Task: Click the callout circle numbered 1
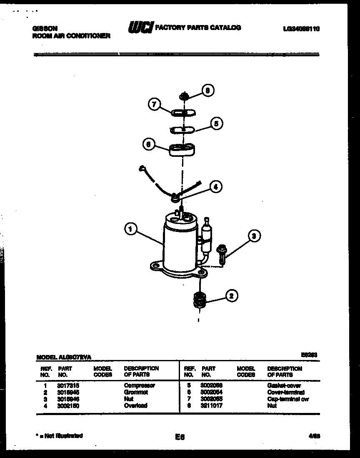coord(130,229)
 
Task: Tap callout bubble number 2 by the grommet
coord(232,296)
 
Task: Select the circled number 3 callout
coord(253,236)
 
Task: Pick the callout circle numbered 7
coord(154,105)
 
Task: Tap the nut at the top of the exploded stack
coord(185,96)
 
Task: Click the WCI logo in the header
coord(140,28)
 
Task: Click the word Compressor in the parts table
coord(139,385)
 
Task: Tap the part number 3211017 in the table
coord(211,405)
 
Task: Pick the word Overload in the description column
coord(135,405)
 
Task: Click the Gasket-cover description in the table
coord(284,385)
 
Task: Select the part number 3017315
coord(68,385)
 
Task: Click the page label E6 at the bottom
coord(180,437)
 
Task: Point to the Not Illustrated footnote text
coord(60,435)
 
